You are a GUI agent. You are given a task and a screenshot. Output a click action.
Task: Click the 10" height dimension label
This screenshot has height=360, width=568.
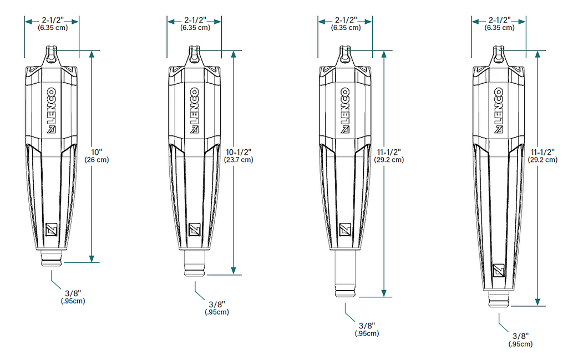(x=97, y=152)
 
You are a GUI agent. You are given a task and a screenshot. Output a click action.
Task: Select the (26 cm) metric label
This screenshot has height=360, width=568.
(x=97, y=160)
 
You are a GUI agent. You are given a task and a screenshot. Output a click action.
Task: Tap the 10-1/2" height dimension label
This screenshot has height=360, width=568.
(x=239, y=152)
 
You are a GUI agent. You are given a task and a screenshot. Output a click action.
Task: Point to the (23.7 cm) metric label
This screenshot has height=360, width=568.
(x=239, y=160)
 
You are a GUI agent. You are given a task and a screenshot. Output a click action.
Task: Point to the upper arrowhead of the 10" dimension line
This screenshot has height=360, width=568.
(x=92, y=55)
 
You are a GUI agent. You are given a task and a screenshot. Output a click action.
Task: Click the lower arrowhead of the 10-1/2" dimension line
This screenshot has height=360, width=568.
(x=234, y=271)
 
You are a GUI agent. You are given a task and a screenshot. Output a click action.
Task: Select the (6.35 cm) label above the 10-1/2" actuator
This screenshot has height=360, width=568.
(x=195, y=28)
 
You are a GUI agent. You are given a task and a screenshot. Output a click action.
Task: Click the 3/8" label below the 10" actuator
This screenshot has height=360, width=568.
(x=73, y=293)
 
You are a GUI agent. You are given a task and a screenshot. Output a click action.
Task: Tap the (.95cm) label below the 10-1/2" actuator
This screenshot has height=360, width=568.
(x=217, y=312)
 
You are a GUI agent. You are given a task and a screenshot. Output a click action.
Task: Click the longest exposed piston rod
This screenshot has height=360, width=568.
(x=345, y=273)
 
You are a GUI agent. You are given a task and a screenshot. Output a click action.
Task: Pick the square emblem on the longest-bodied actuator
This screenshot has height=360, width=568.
(x=499, y=271)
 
